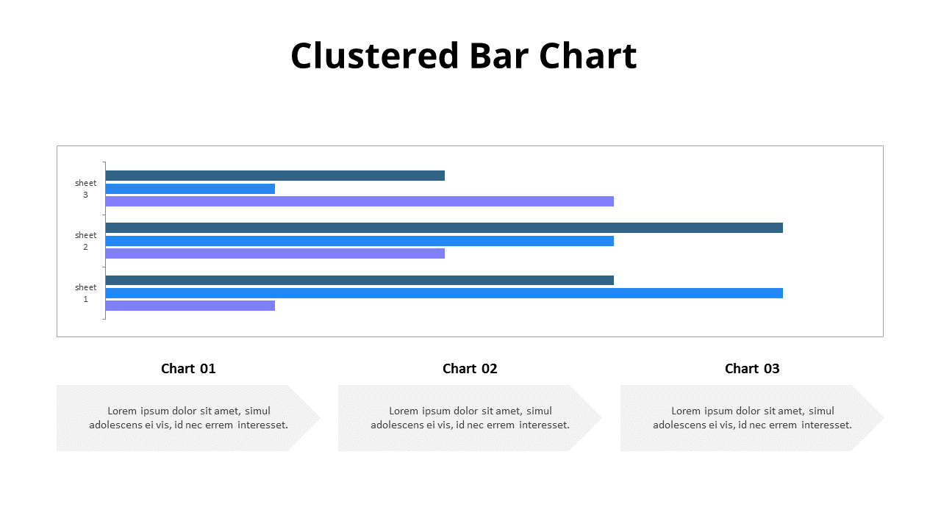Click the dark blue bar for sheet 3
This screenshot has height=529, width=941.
[x=275, y=176]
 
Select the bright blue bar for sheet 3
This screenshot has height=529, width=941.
[x=190, y=189]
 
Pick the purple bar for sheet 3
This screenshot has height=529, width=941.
[x=359, y=201]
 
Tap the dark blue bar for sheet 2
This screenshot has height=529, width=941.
[x=444, y=228]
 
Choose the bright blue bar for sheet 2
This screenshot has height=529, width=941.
[x=359, y=241]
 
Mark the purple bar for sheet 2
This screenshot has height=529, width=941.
[x=275, y=253]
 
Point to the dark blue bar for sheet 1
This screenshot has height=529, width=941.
[x=359, y=280]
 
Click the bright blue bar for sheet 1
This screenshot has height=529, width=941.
[x=444, y=293]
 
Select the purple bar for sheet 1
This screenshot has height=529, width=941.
[x=190, y=306]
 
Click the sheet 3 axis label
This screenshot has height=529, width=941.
[x=85, y=189]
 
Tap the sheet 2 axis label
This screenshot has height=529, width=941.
[x=85, y=241]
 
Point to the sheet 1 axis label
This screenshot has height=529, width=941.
[x=85, y=293]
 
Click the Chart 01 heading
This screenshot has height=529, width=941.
[x=188, y=369]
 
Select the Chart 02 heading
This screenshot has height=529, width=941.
[x=470, y=369]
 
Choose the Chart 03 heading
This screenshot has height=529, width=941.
[x=752, y=369]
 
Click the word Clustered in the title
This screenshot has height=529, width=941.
[x=374, y=56]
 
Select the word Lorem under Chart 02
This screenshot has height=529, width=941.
[x=403, y=411]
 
